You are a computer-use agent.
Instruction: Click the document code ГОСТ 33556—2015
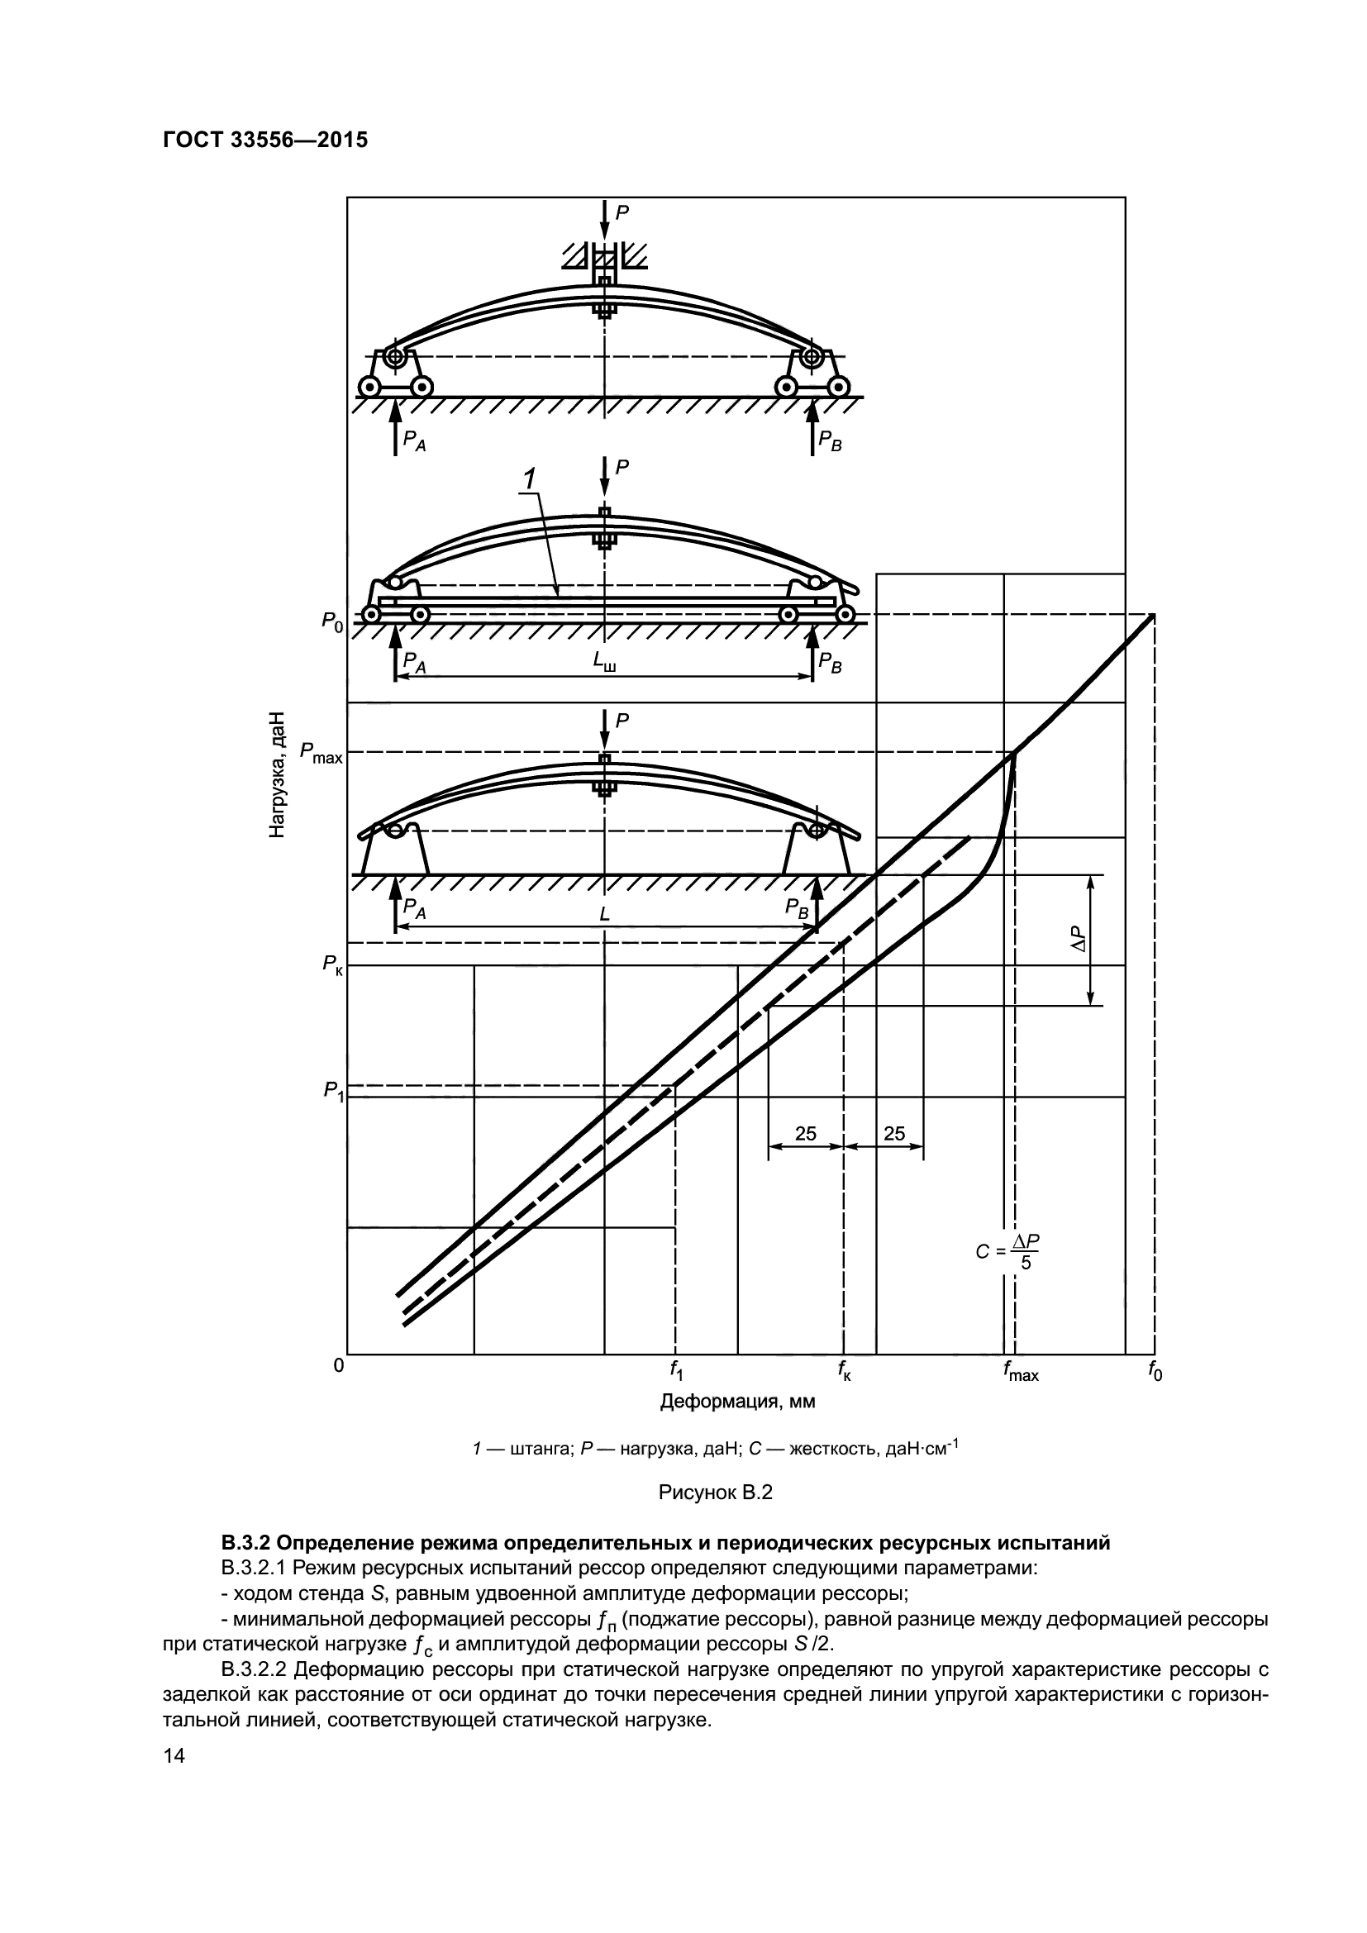265,140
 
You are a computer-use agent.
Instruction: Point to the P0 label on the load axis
331,622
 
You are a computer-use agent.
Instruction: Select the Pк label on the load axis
332,965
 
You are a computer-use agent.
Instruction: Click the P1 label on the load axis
333,1091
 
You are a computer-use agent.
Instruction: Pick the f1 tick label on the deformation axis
675,1370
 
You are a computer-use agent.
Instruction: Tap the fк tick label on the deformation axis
845,1370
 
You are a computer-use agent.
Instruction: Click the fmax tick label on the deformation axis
1019,1372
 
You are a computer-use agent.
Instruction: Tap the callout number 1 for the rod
529,479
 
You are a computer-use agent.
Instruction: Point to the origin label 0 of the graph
337,1364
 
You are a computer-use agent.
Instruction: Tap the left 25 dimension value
806,1133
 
